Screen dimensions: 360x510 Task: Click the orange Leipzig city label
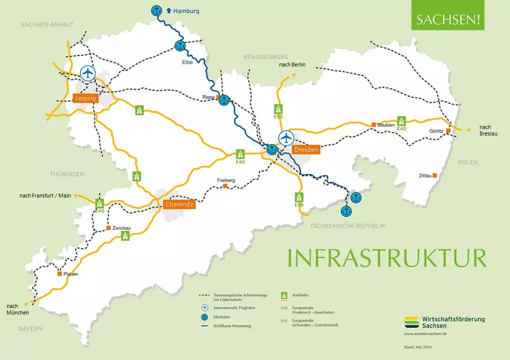[x=85, y=98]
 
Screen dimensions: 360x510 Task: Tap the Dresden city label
[x=306, y=149]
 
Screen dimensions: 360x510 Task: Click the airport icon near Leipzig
[x=88, y=73]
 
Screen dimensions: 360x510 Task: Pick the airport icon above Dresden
[x=286, y=136]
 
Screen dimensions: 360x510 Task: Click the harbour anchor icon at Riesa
[x=224, y=100]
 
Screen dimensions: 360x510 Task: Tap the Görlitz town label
[x=436, y=131]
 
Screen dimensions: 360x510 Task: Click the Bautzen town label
[x=386, y=124]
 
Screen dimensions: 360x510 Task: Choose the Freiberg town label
[x=226, y=180]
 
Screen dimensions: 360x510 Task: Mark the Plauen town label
[x=70, y=274]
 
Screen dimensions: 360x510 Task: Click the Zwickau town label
[x=121, y=228]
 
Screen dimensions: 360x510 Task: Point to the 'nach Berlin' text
[x=292, y=64]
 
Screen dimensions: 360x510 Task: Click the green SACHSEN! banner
[x=447, y=20]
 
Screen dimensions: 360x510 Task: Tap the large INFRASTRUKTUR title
[x=386, y=257]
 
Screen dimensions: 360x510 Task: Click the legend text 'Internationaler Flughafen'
[x=234, y=307]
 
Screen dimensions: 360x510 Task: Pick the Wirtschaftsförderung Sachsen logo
[x=444, y=321]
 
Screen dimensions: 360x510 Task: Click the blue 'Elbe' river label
[x=187, y=62]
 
